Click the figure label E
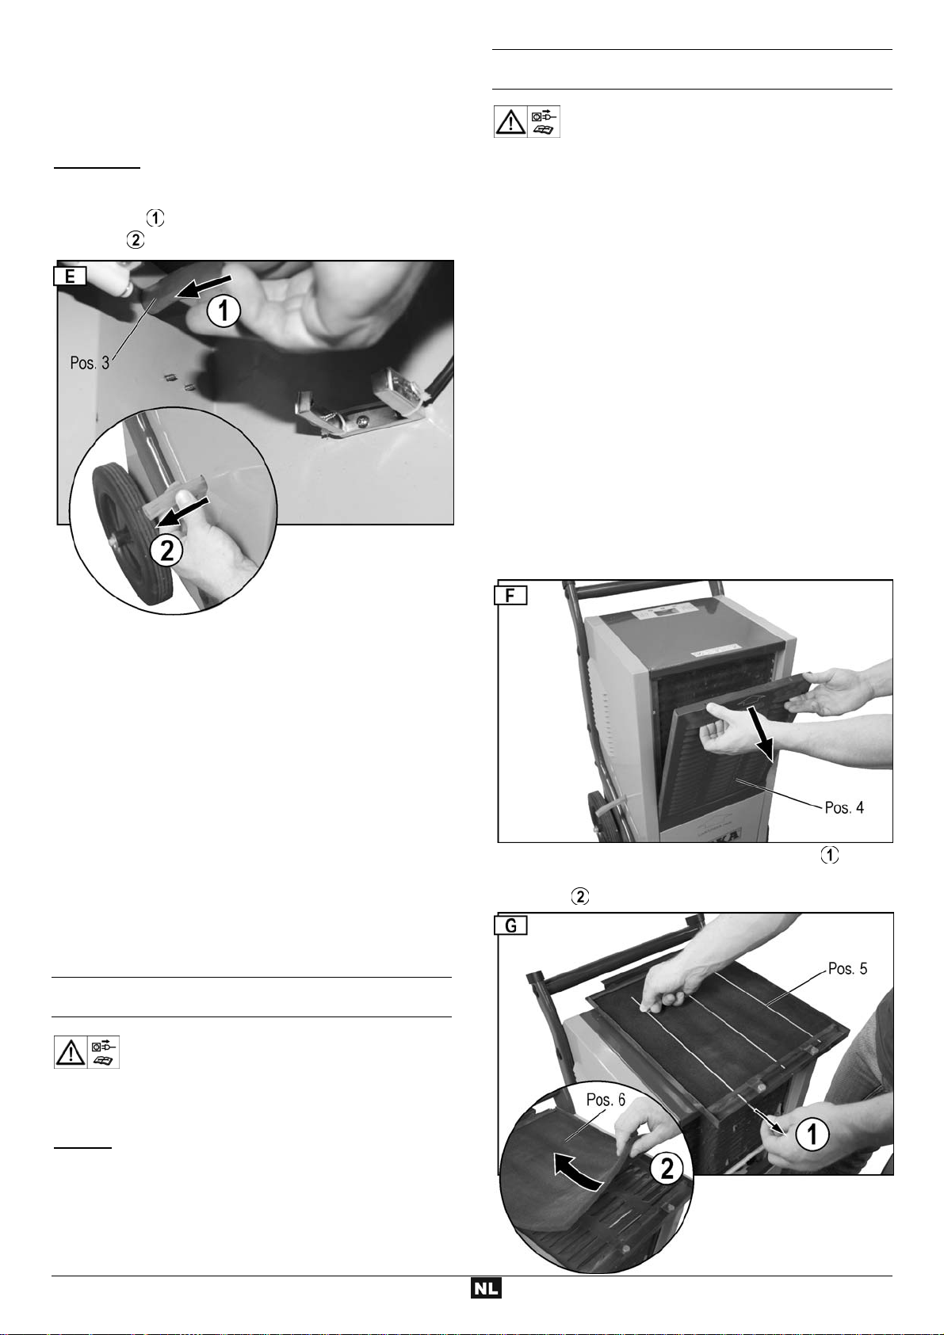(71, 277)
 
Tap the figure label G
(511, 926)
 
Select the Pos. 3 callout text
(90, 363)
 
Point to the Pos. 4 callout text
(844, 807)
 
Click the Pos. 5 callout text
(847, 968)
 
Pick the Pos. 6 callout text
(606, 1100)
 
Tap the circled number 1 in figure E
(224, 311)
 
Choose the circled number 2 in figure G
(666, 1169)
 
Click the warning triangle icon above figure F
(510, 122)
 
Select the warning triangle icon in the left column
(71, 1053)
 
